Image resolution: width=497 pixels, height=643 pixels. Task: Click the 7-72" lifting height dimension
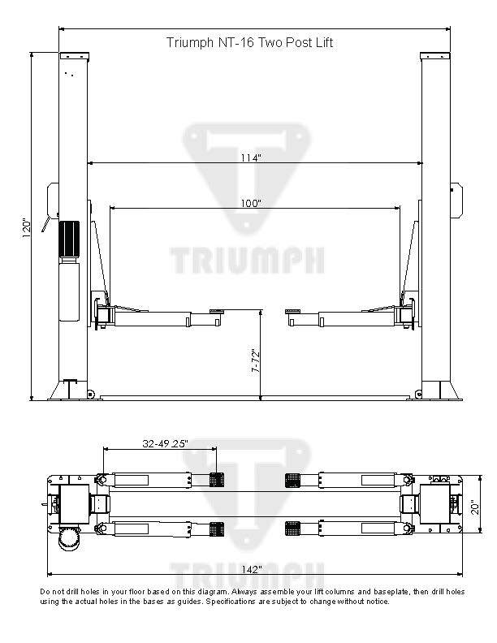click(x=254, y=360)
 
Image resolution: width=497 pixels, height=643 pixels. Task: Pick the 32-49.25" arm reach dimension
click(x=165, y=444)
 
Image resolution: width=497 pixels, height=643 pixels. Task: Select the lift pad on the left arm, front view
click(x=217, y=310)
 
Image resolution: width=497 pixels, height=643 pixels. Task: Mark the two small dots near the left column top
click(x=71, y=75)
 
